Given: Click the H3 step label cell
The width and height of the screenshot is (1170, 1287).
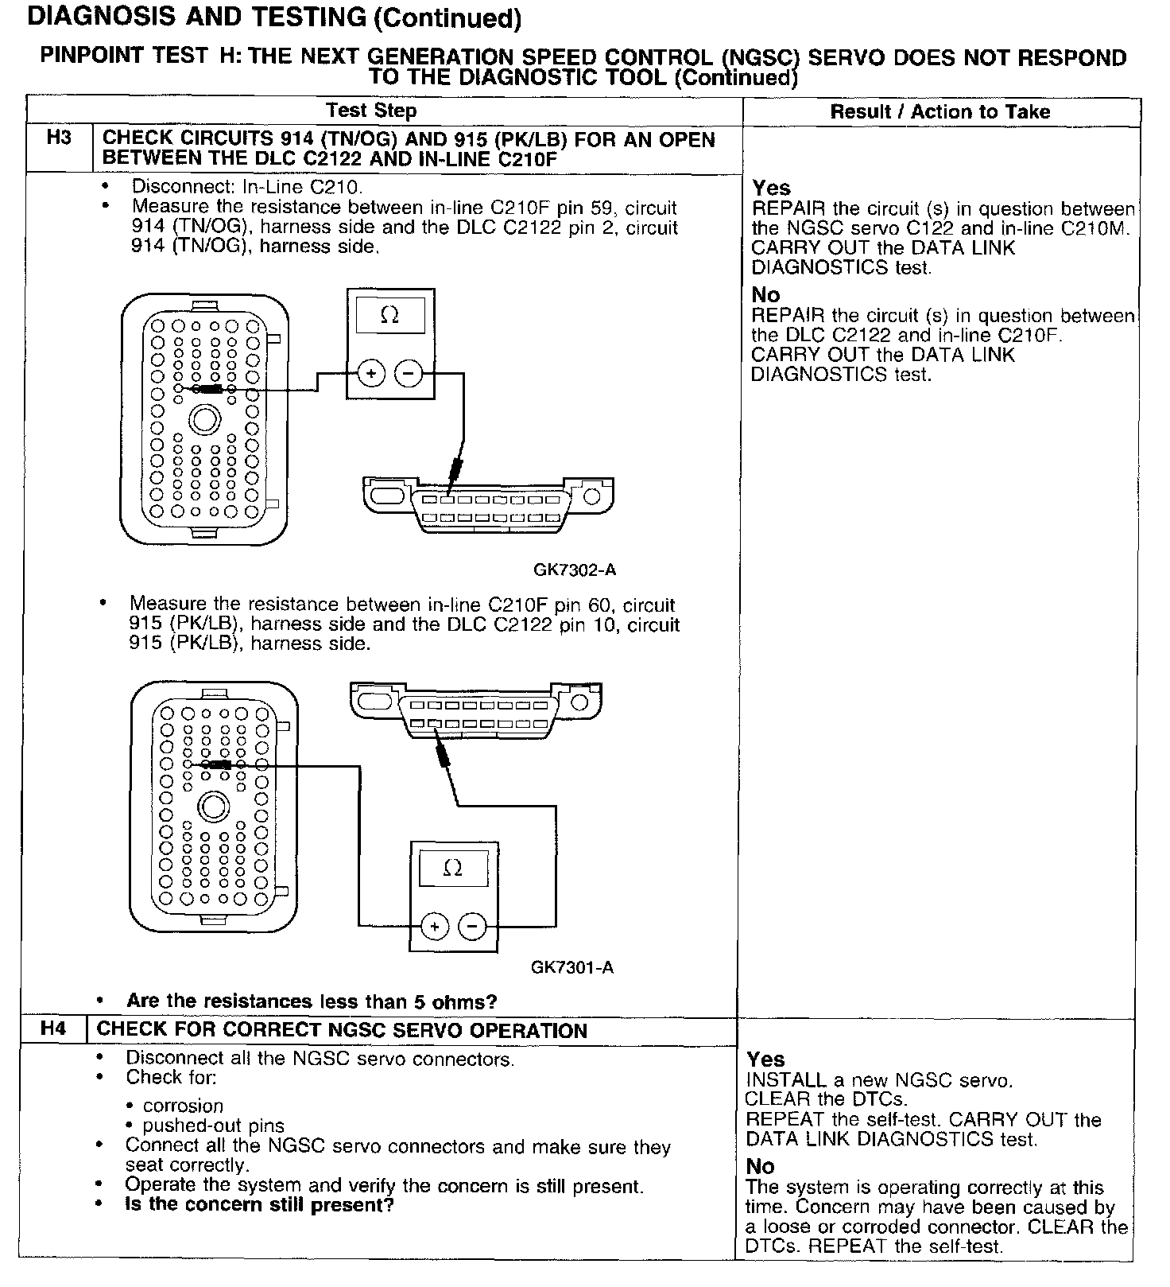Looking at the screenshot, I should point(59,138).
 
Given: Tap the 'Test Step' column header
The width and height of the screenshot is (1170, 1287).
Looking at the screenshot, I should point(371,111).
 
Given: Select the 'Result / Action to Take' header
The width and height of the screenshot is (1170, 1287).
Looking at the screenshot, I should point(940,112).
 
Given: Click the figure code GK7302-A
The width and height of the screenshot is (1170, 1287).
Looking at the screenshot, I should point(575,570).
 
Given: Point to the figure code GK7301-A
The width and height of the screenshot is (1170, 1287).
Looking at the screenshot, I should point(572,967).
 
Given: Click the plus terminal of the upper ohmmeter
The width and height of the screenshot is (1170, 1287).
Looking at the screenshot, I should point(371,372).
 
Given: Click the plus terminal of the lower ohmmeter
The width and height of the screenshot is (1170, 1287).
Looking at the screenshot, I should point(434,926).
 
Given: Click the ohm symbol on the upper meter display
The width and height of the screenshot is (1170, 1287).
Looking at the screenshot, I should point(389,316).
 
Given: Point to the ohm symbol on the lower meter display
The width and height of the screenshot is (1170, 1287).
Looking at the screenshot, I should point(452,868).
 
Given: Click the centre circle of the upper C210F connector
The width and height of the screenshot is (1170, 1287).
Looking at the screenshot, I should point(205,419).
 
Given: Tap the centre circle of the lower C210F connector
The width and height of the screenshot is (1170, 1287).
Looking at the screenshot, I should point(213,807).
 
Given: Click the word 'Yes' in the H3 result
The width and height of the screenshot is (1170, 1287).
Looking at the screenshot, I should point(771,189).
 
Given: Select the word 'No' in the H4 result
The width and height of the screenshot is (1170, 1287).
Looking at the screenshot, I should point(760,1166).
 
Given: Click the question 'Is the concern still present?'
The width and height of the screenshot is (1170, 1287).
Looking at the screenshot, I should point(259,1205).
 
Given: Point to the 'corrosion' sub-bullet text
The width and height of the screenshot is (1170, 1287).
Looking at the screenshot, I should point(183,1106).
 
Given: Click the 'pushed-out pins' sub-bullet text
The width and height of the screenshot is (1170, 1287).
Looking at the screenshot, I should point(213,1126).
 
